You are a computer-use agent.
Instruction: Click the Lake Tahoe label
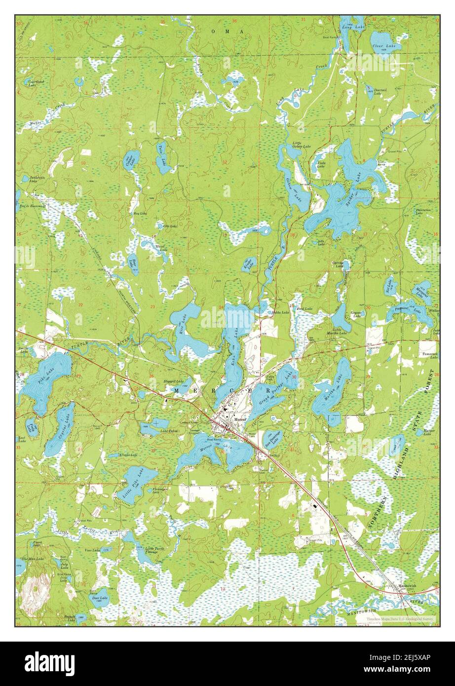pyautogui.click(x=169, y=431)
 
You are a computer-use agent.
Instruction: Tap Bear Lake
pyautogui.click(x=133, y=264)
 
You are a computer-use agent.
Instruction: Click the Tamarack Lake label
pyautogui.click(x=427, y=356)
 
